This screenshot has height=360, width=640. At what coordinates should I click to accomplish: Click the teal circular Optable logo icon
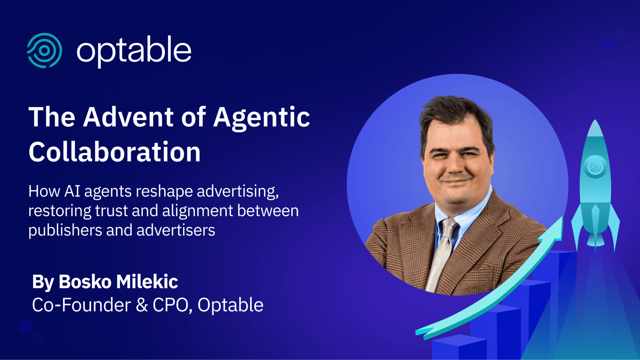pos(44,50)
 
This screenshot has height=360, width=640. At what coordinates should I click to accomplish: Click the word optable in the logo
pos(134,50)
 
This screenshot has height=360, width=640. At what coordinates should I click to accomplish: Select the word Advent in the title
pos(128,117)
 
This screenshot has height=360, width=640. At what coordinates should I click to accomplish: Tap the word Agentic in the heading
pos(262,118)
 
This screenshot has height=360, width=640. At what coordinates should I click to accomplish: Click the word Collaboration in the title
pos(114,152)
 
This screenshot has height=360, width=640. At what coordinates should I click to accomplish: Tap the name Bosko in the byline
pos(85,282)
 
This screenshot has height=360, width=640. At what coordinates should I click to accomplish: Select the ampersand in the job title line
pos(142,305)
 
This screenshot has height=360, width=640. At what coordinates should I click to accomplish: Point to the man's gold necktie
pos(442,256)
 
